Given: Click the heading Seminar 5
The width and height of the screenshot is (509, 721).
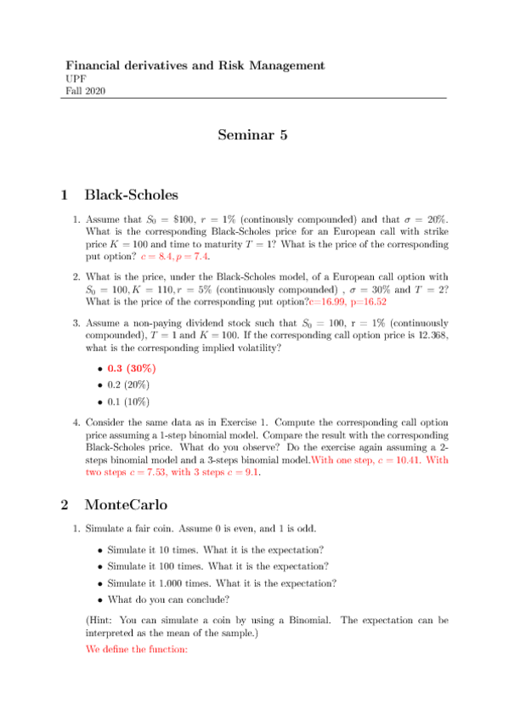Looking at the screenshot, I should (253, 135).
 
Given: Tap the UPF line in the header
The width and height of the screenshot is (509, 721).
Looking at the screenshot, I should (76, 78).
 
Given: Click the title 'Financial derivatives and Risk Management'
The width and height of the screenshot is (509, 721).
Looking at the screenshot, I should (195, 65).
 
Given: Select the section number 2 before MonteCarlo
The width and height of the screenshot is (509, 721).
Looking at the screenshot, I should (65, 504).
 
